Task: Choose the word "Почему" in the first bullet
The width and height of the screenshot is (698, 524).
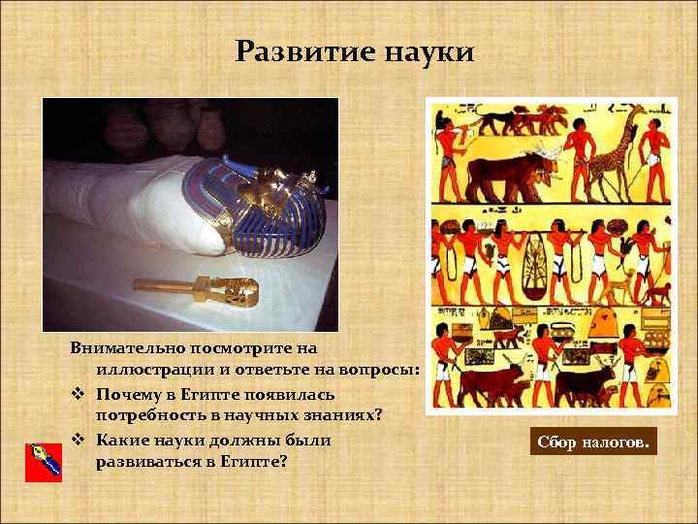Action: (134, 394)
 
